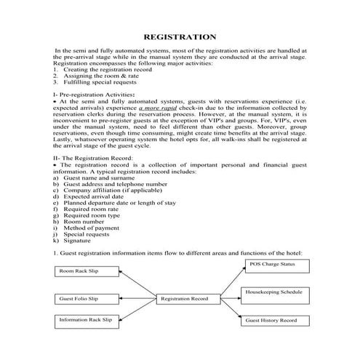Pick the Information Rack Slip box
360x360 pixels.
(x=86, y=320)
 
